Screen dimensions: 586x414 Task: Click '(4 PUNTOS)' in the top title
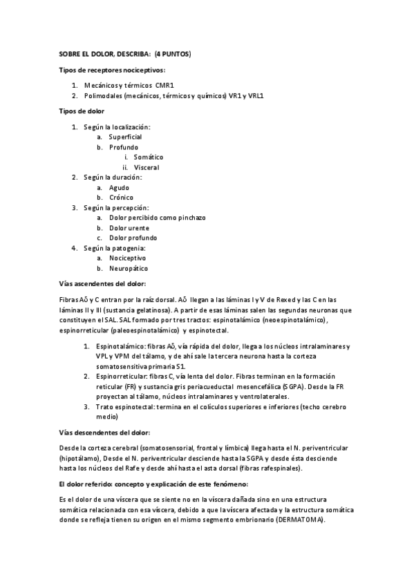coord(173,53)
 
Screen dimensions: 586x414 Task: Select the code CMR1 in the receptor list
coord(164,84)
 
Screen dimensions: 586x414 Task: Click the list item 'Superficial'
coord(125,137)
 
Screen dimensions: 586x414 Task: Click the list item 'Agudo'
coord(119,187)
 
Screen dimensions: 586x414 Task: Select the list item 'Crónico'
coord(121,197)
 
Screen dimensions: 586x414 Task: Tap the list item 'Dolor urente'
coord(129,227)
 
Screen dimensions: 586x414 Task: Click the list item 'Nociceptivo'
coord(127,258)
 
